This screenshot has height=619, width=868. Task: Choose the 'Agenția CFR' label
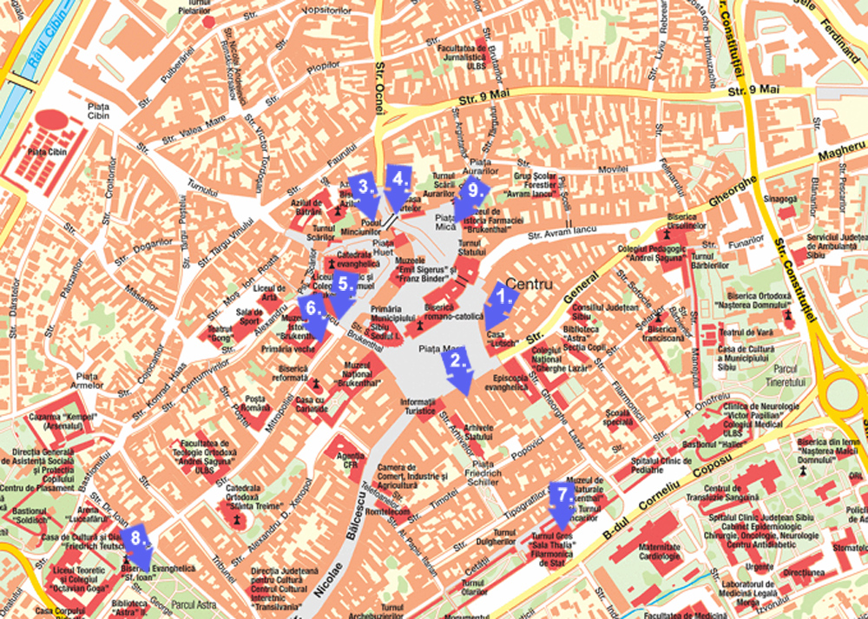click(x=349, y=461)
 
